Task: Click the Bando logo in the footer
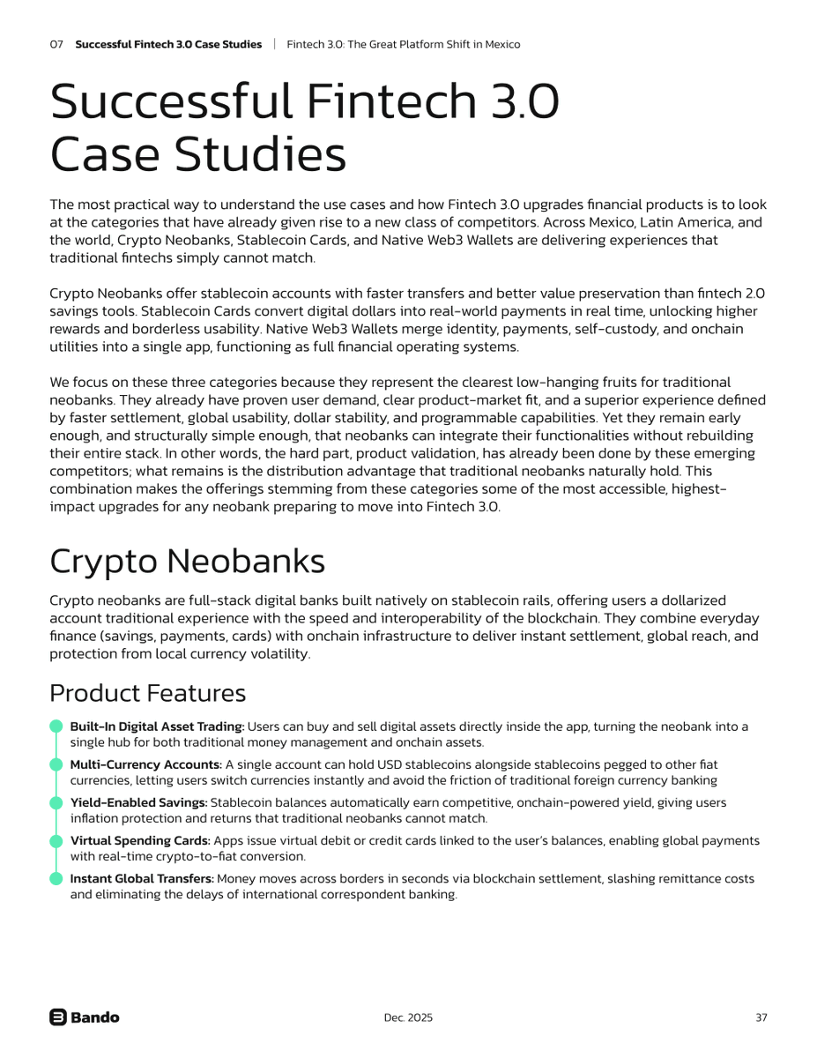(x=85, y=1017)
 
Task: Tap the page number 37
(x=761, y=1017)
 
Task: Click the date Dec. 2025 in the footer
(x=408, y=1017)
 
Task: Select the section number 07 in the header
(x=56, y=44)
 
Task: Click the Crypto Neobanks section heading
(x=187, y=561)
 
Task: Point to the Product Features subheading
(x=147, y=693)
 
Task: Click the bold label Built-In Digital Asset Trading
(x=157, y=726)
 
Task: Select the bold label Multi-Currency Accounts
(x=145, y=764)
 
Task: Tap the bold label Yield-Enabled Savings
(x=138, y=802)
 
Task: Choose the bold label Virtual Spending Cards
(x=140, y=840)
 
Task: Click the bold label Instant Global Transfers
(x=142, y=879)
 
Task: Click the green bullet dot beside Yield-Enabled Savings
(x=56, y=802)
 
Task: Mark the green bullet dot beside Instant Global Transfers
(x=56, y=879)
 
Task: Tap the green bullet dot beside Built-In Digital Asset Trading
(x=56, y=726)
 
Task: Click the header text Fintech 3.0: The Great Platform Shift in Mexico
(x=404, y=44)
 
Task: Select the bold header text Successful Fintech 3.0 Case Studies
(x=168, y=44)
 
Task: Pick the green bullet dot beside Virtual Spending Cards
(x=56, y=840)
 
